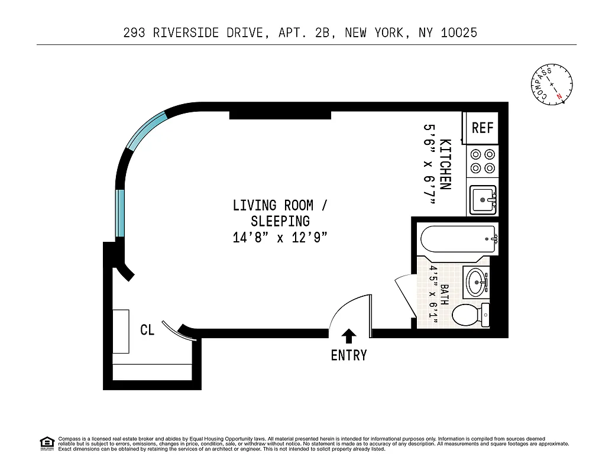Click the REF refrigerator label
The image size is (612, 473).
(483, 128)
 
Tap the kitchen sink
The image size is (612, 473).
(483, 200)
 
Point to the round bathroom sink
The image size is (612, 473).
(476, 283)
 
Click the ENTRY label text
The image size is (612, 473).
(349, 355)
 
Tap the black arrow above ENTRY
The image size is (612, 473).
(349, 336)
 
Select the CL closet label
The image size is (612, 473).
(147, 330)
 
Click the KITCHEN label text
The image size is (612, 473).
(446, 164)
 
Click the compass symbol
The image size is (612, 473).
(551, 85)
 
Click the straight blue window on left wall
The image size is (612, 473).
(121, 212)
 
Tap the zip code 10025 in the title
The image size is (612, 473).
(458, 33)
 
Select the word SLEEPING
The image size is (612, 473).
(280, 221)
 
